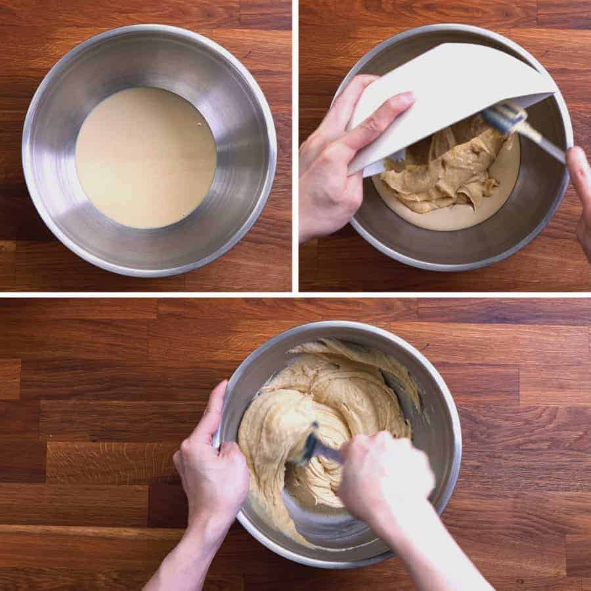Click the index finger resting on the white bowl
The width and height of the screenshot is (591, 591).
[381, 118]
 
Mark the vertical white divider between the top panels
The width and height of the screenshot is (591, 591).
[295, 144]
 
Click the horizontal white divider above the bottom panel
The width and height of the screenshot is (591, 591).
[295, 294]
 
